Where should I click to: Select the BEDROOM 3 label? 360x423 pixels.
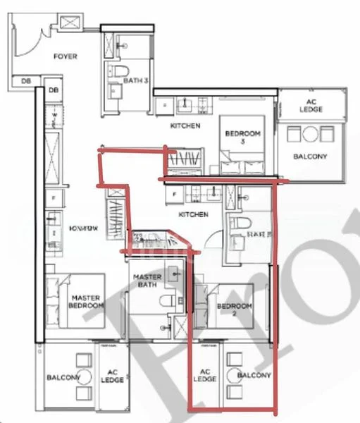[x=242, y=137]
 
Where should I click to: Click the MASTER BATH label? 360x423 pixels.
[x=148, y=281]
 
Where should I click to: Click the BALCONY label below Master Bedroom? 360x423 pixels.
[x=63, y=378]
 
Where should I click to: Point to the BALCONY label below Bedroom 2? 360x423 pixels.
[x=254, y=376]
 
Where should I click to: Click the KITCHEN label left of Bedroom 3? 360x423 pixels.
[x=185, y=126]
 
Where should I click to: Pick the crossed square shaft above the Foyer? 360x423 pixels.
[x=73, y=23]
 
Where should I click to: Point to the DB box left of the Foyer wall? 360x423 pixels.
[x=26, y=81]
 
